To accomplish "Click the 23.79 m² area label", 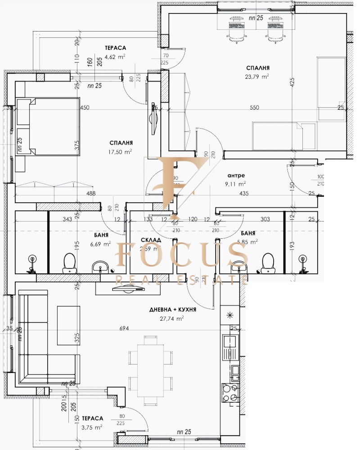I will [x=258, y=76].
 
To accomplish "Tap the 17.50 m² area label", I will [x=121, y=152].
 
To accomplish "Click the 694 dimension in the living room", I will [x=124, y=328].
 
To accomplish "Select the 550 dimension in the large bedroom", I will [x=254, y=108].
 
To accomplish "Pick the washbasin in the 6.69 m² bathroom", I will [x=100, y=267].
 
